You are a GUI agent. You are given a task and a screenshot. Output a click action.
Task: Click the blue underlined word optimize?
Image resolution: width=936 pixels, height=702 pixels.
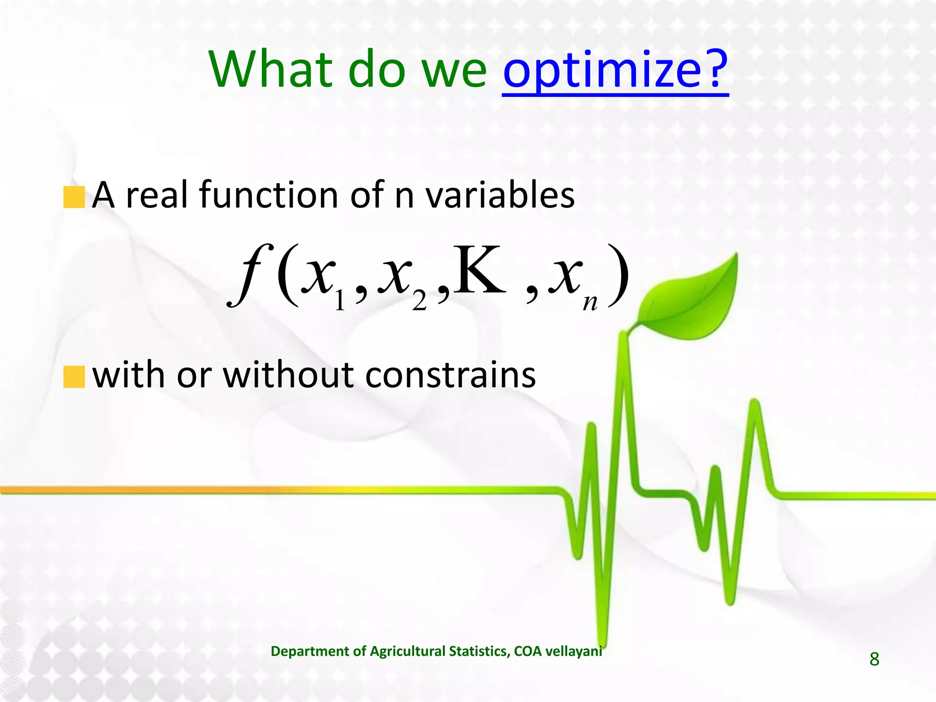click(615, 71)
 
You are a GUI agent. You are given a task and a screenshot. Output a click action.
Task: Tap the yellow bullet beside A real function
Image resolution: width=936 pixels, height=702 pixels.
click(74, 197)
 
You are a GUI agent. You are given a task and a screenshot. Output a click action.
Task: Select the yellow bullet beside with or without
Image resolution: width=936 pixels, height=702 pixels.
click(74, 377)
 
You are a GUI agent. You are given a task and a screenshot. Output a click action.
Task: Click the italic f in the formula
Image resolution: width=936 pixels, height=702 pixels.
click(251, 274)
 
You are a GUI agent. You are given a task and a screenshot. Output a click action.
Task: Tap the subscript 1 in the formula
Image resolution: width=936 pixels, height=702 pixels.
click(339, 302)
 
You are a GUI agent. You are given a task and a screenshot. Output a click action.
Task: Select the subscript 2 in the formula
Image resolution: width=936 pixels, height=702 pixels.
click(419, 302)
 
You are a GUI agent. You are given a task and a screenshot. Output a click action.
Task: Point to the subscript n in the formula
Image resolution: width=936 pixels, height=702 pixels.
click(590, 302)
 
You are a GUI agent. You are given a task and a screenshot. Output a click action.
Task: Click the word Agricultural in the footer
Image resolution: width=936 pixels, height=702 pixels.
click(407, 651)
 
